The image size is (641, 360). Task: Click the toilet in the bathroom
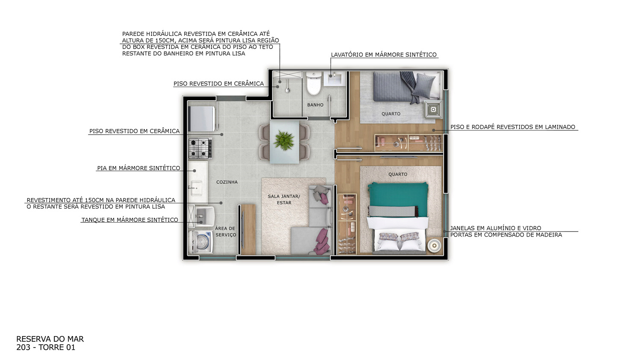pos(314,83)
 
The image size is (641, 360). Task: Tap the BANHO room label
pos(315,105)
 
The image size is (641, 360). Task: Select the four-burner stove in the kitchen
pos(200,148)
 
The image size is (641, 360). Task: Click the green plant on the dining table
pos(284,140)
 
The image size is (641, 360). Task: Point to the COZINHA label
pos(227,182)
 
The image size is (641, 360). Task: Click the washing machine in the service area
pos(200,242)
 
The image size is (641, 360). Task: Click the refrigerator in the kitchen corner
pos(202,119)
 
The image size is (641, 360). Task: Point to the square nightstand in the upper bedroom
pos(433,109)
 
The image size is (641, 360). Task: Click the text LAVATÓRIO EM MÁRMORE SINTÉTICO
pos(384,55)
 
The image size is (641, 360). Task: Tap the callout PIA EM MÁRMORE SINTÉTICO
pos(138,168)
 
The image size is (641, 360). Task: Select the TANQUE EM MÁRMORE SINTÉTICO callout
pos(129,220)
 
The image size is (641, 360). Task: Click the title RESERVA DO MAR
pos(50,339)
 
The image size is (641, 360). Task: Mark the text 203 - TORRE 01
pos(46,348)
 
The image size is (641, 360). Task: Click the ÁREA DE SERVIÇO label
pos(226,231)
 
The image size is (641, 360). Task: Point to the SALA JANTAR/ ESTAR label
pos(284,199)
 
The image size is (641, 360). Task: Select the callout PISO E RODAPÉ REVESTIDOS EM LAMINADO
pos(513,127)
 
